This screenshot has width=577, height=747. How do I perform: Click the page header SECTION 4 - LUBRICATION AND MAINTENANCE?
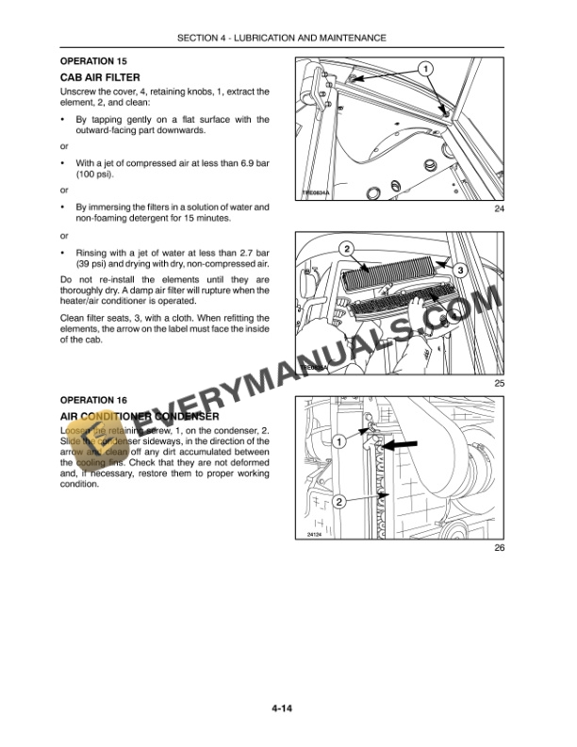pyautogui.click(x=288, y=38)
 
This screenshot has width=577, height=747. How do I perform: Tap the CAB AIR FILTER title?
pyautogui.click(x=100, y=76)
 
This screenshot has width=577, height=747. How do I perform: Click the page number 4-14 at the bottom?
pyautogui.click(x=288, y=708)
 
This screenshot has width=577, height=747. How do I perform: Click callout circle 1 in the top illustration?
pyautogui.click(x=425, y=69)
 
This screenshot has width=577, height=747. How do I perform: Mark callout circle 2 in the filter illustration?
pyautogui.click(x=347, y=249)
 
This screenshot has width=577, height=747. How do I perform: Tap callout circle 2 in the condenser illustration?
pyautogui.click(x=338, y=501)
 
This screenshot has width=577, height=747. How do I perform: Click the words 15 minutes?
pyautogui.click(x=202, y=218)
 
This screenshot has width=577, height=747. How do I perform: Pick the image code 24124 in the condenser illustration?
pyautogui.click(x=315, y=534)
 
